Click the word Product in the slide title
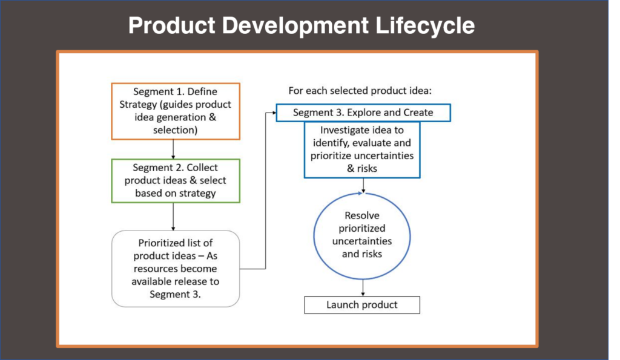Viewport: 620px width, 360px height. (171, 25)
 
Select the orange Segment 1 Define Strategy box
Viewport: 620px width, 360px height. (176, 111)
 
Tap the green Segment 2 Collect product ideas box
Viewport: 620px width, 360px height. (176, 180)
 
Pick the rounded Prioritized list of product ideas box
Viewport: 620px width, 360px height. (176, 269)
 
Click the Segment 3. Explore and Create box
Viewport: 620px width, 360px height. (363, 113)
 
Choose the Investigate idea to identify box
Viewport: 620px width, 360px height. (362, 150)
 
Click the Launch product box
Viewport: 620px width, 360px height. (362, 305)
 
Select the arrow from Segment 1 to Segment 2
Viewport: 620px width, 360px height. (173, 149)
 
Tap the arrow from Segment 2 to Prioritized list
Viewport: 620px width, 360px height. (173, 217)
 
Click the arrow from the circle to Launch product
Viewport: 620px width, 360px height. (363, 288)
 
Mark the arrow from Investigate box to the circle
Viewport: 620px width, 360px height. (363, 185)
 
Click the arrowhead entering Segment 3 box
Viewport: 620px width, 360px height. (274, 113)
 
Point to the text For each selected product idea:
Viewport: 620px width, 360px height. (360, 91)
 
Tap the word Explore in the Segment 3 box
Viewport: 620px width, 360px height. (364, 113)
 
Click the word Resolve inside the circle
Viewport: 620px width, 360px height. (362, 215)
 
